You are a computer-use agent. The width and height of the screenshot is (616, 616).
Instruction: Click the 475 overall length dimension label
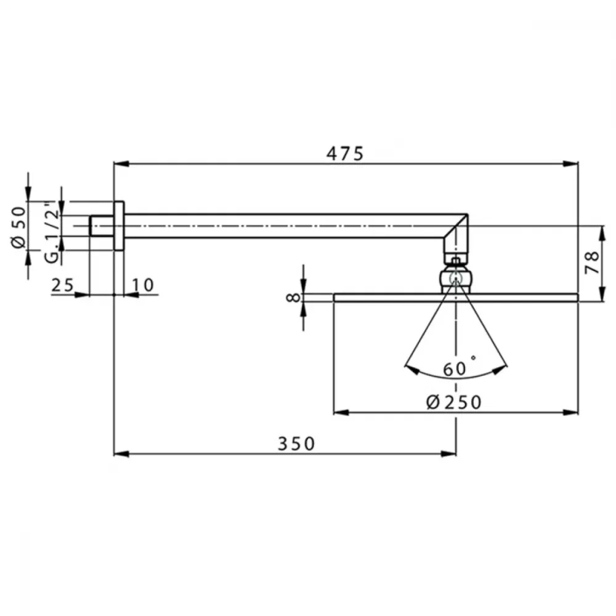(345, 153)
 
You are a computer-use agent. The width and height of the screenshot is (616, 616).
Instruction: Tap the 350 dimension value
(297, 444)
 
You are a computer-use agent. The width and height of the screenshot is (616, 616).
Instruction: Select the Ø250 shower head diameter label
(454, 402)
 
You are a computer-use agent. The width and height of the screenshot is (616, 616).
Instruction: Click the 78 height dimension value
(592, 262)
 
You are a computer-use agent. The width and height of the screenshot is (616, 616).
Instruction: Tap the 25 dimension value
(62, 285)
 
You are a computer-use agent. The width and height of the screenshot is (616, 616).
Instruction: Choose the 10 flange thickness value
(143, 285)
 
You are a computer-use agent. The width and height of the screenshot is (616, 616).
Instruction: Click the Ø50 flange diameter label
(19, 227)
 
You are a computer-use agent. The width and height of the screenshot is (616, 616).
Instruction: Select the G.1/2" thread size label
(52, 232)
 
